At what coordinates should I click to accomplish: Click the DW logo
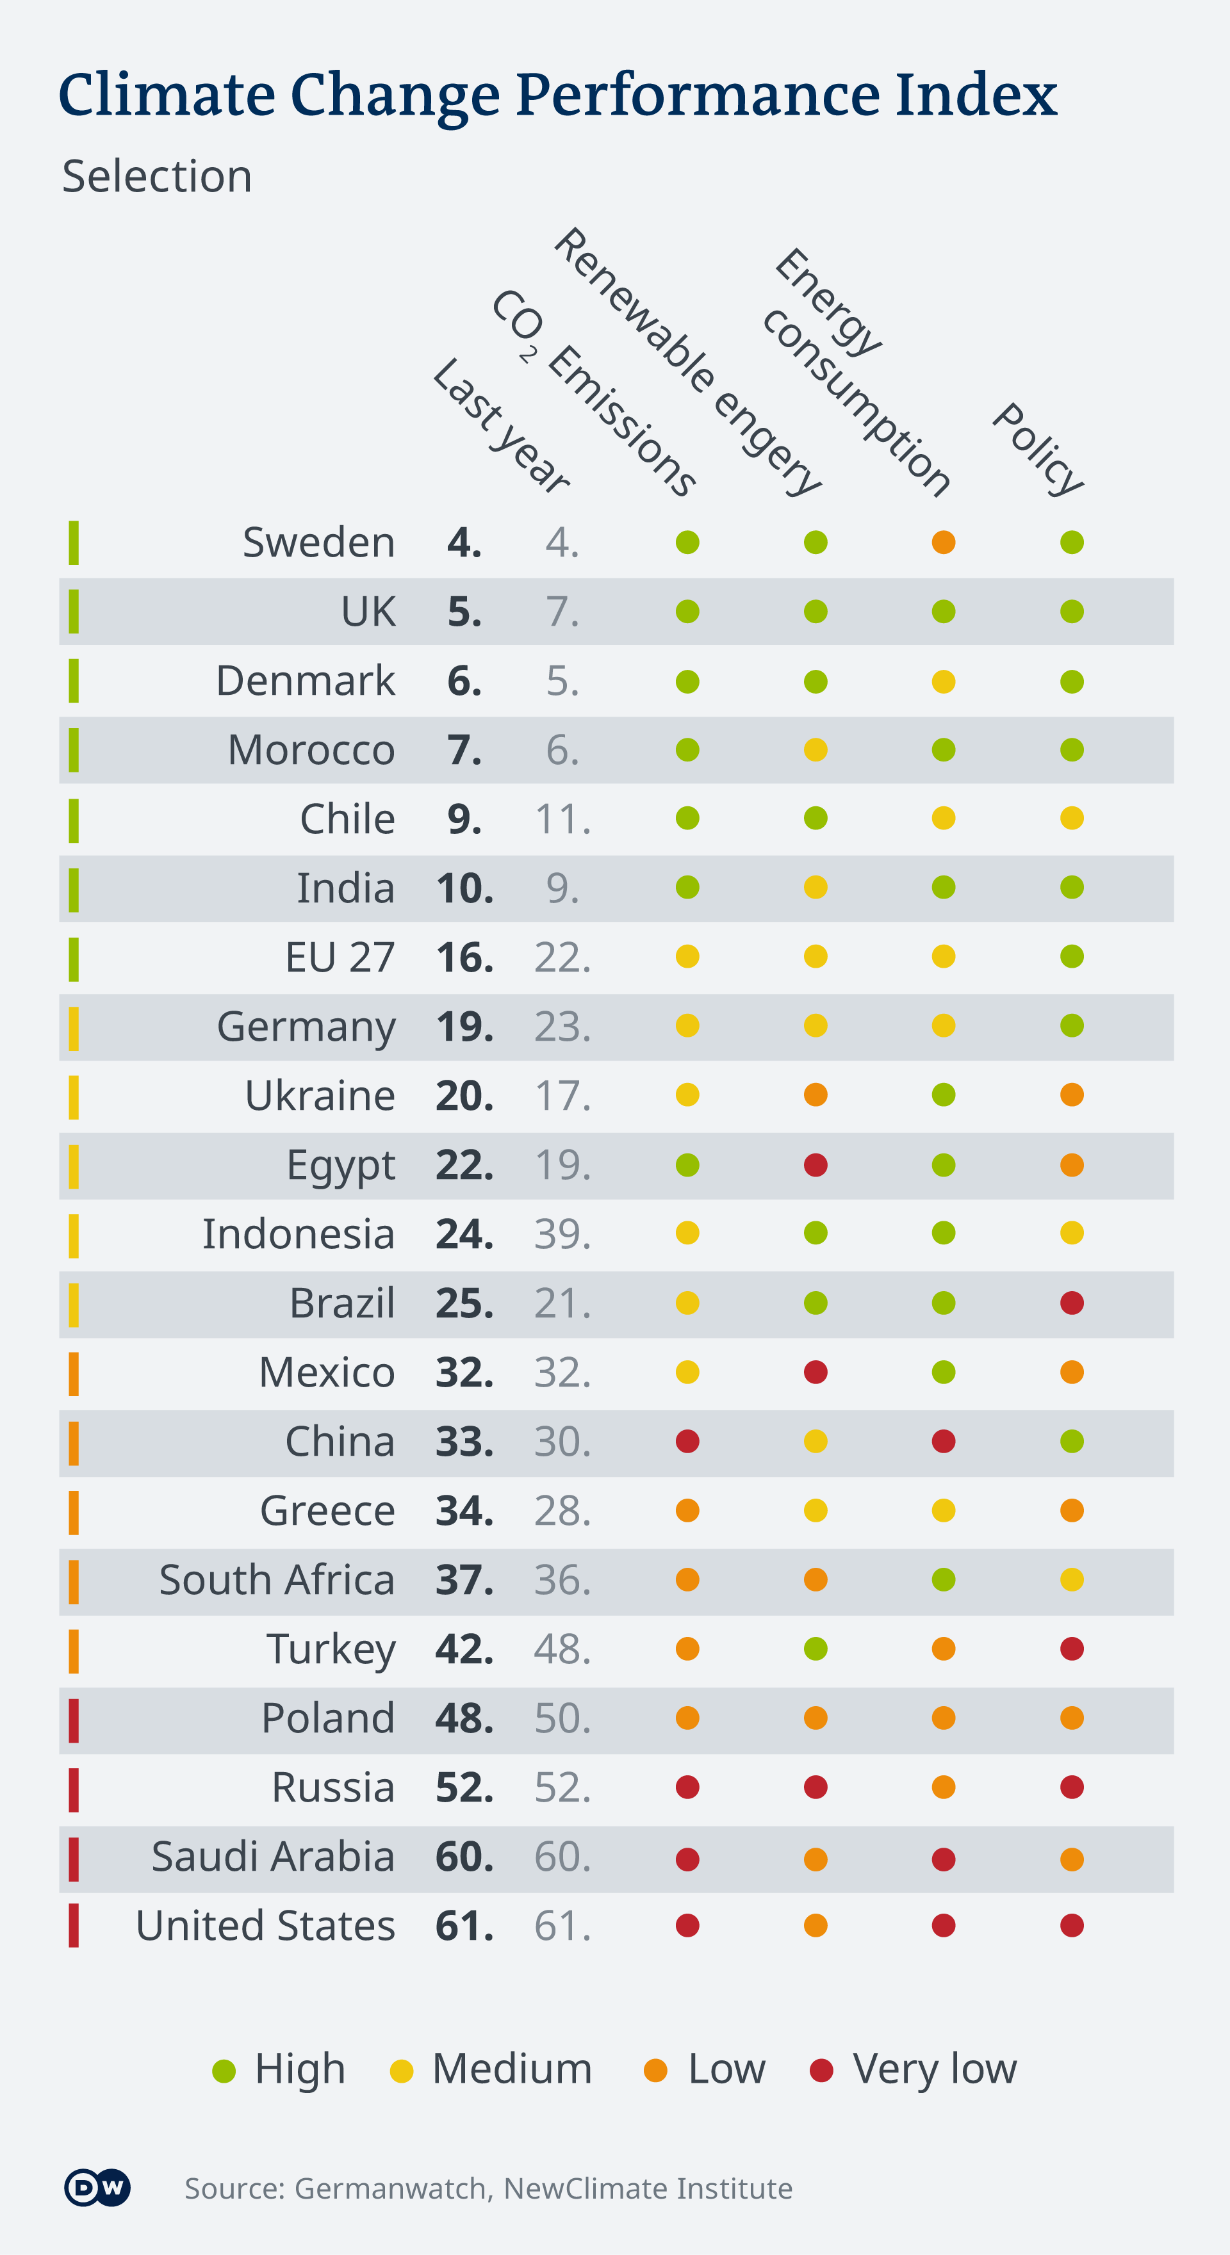97,2188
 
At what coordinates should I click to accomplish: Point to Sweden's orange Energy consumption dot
943,542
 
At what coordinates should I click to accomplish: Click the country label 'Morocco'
311,750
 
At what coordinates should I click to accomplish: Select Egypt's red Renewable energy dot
815,1165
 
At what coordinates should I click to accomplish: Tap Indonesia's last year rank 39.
562,1233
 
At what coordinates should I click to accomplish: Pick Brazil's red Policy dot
1072,1303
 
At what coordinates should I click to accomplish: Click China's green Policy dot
1072,1441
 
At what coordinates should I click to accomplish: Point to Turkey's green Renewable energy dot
815,1649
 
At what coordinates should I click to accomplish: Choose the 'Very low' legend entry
914,2069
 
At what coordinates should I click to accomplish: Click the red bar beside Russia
74,1787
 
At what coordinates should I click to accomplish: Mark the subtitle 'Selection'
158,176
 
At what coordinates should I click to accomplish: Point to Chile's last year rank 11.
562,819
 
